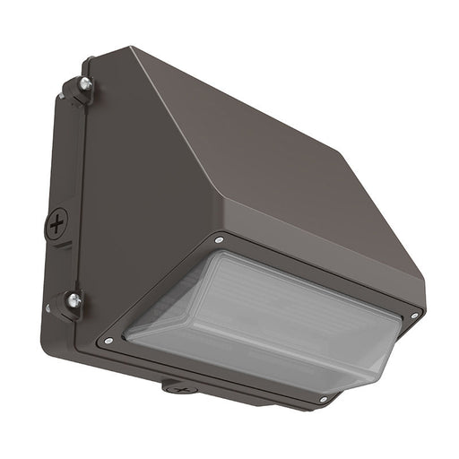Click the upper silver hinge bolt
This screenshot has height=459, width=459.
85,84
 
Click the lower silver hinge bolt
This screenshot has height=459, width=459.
73,300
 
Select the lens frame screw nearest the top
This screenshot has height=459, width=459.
219,240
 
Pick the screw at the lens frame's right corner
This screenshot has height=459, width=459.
414,316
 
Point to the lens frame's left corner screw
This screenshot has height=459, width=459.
108,341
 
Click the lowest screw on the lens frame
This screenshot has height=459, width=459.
324,399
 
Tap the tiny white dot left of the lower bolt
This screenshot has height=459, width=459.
48,307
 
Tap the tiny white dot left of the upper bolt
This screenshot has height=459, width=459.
61,93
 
